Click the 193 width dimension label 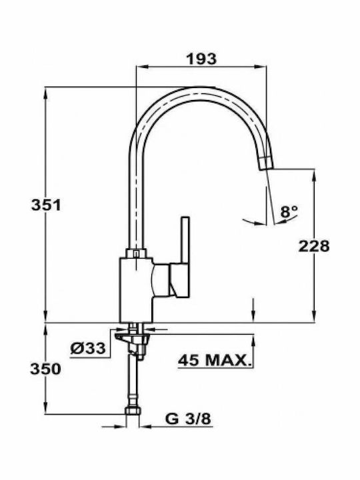click(x=201, y=59)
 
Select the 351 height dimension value click(x=46, y=205)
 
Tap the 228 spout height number click(x=314, y=246)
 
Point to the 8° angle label click(x=289, y=211)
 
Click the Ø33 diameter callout click(x=88, y=348)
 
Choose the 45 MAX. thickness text click(x=214, y=361)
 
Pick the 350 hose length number click(x=45, y=369)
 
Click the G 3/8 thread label click(x=188, y=419)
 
